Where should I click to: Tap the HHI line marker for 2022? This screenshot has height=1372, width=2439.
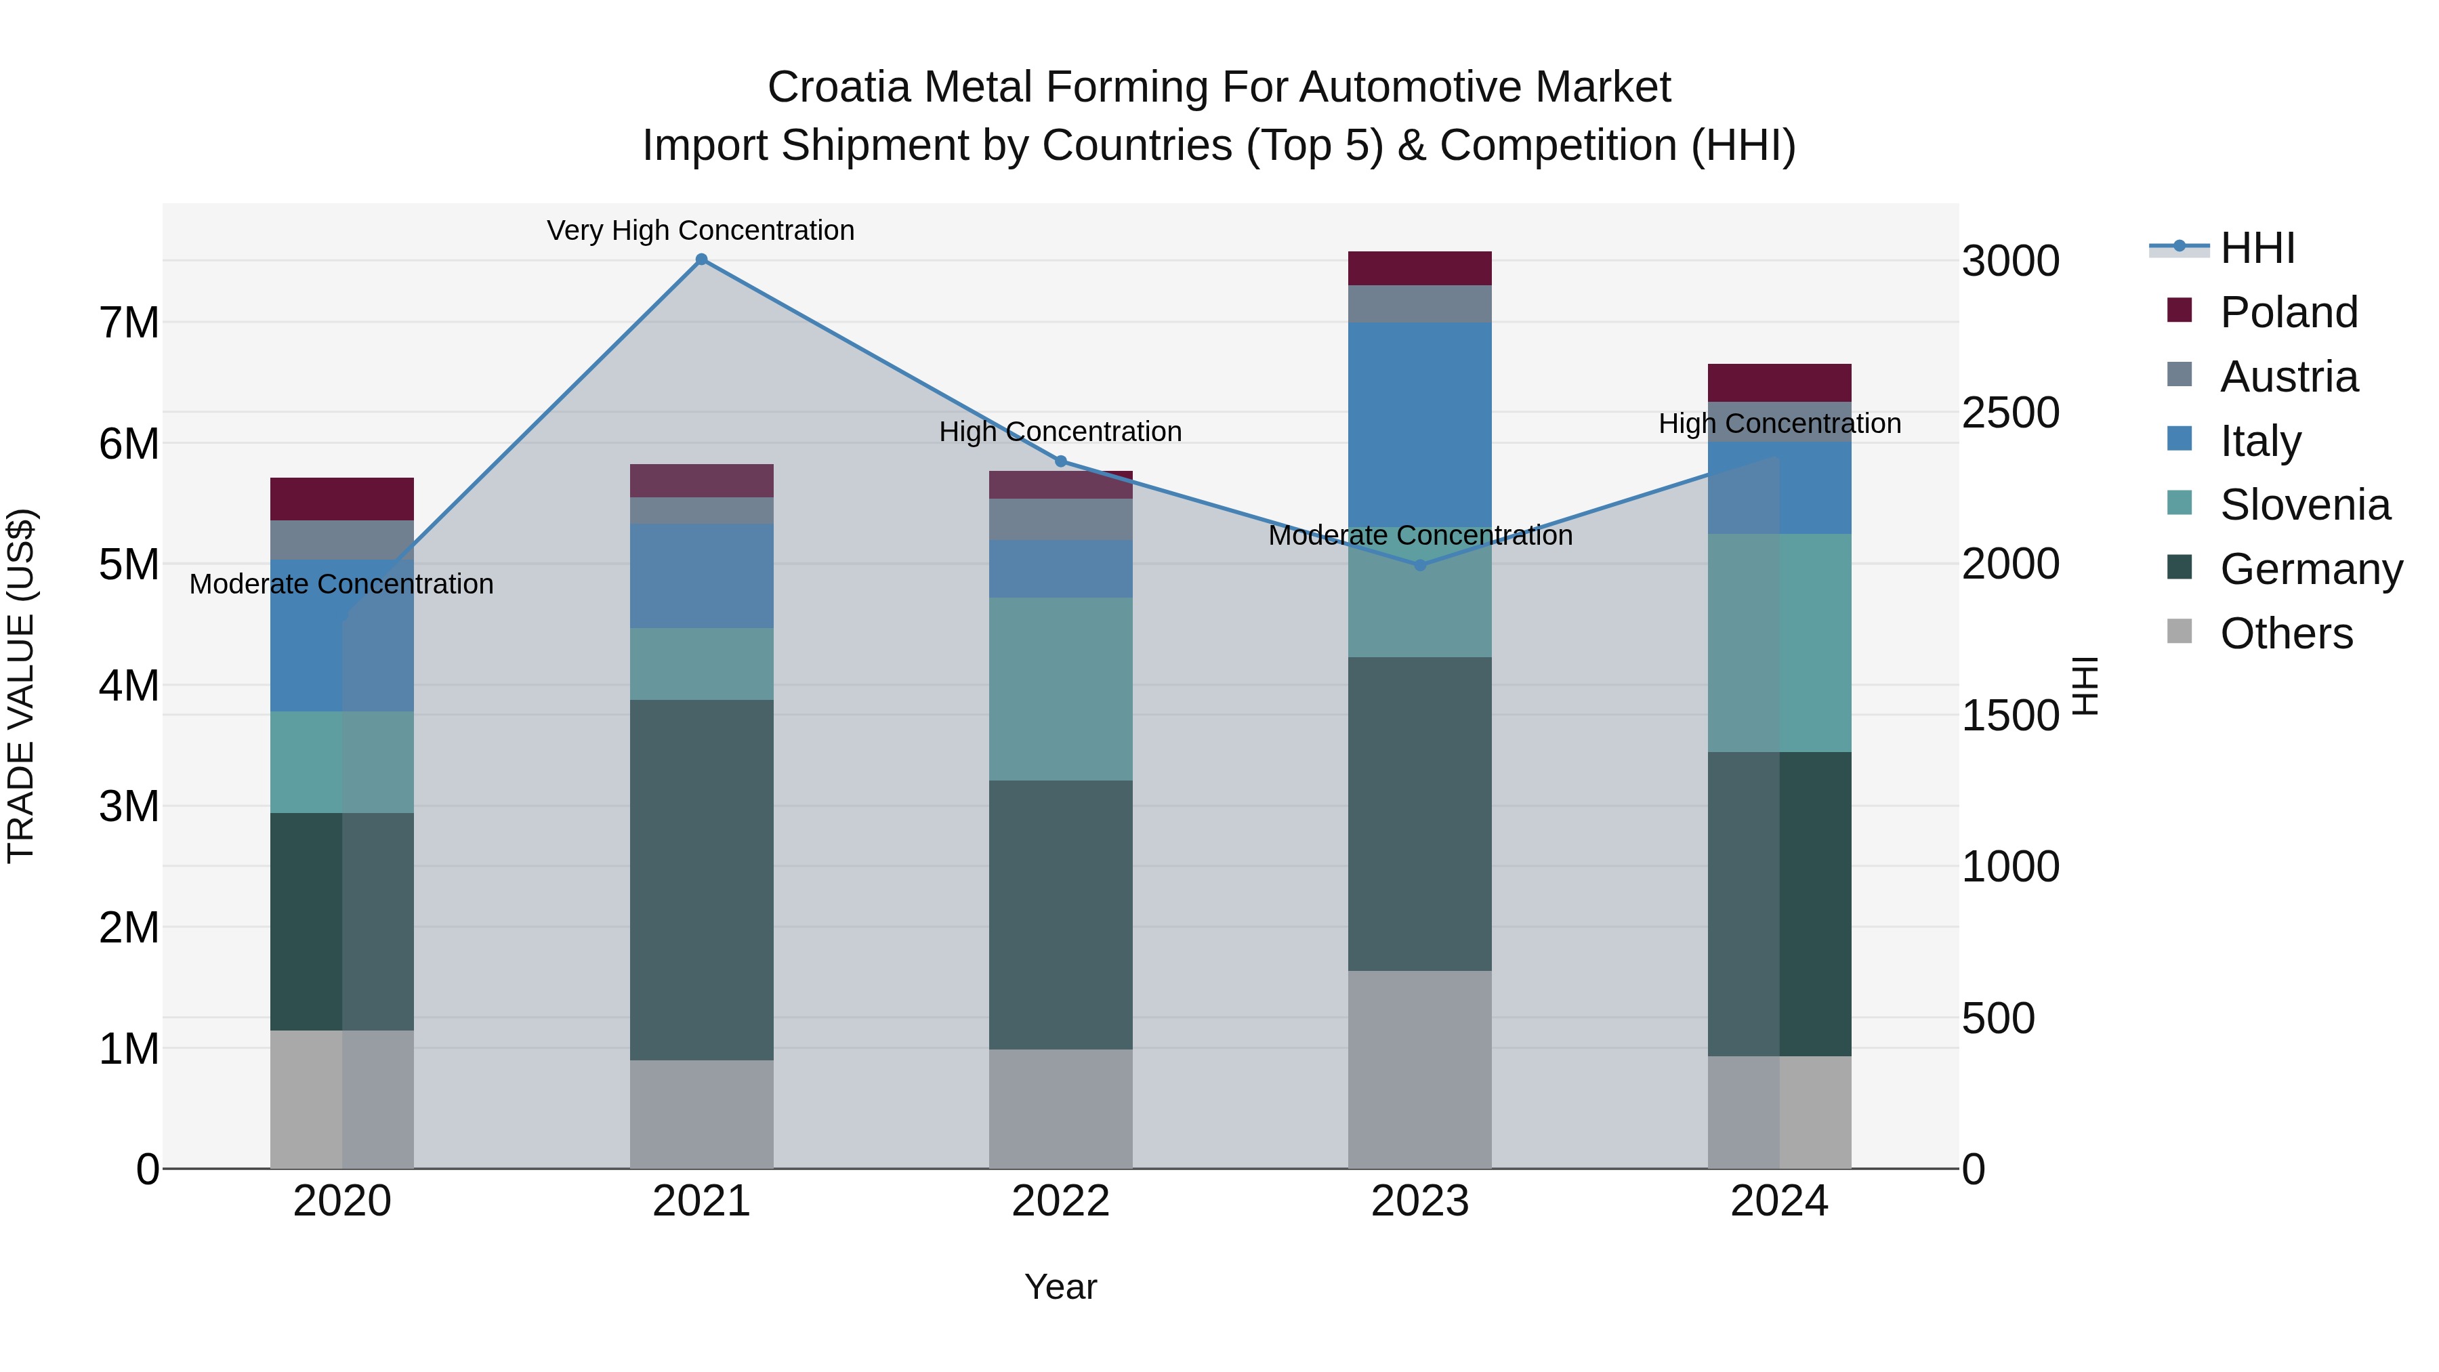[1060, 461]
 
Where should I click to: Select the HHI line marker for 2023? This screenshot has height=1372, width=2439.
[1419, 565]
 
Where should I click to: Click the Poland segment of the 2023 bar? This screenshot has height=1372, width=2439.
[1419, 268]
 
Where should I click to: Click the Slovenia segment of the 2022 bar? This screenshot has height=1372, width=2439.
[1060, 688]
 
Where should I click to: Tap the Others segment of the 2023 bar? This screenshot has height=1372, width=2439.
[1419, 1069]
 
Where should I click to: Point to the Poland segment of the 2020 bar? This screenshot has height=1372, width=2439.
[342, 499]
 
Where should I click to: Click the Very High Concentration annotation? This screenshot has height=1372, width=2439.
[701, 230]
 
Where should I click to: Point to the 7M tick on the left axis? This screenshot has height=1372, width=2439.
[129, 323]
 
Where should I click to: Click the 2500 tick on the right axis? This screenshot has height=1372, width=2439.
[2009, 413]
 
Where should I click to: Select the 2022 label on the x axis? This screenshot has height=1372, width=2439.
[1060, 1201]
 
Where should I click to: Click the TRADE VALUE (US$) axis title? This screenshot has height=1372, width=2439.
[21, 686]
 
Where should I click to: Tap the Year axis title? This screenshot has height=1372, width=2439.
[1060, 1287]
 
